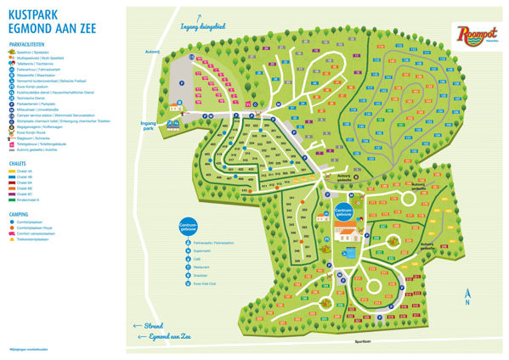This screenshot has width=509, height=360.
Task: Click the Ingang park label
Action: click(x=150, y=124)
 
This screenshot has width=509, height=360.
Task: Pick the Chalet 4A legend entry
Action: click(x=29, y=172)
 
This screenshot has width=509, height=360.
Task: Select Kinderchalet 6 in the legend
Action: click(x=34, y=200)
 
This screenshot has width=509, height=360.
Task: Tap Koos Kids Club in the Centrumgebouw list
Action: click(x=209, y=284)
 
